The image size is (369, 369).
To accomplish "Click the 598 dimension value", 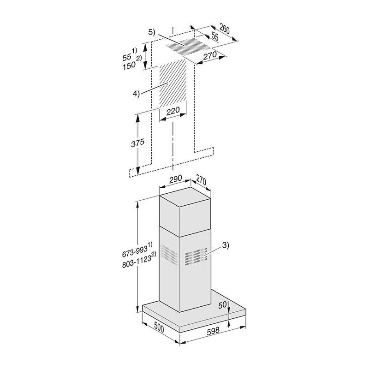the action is pyautogui.click(x=213, y=331).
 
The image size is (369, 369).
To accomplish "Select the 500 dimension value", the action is pyautogui.click(x=159, y=327).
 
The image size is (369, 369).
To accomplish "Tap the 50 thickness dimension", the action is pyautogui.click(x=222, y=305).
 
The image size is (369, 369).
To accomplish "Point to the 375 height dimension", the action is pyautogui.click(x=137, y=143).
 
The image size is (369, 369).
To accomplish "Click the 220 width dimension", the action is pyautogui.click(x=173, y=111).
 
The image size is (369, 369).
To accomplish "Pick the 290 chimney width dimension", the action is pyautogui.click(x=175, y=179).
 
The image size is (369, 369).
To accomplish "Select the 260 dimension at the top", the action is pyautogui.click(x=224, y=29).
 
